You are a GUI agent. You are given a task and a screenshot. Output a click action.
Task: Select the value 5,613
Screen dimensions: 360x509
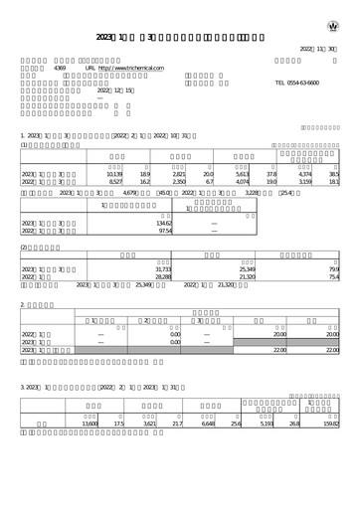[243, 174]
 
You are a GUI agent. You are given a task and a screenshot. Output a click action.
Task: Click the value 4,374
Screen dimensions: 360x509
[304, 174]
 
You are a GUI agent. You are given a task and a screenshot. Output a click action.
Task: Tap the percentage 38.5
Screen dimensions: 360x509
[333, 174]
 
